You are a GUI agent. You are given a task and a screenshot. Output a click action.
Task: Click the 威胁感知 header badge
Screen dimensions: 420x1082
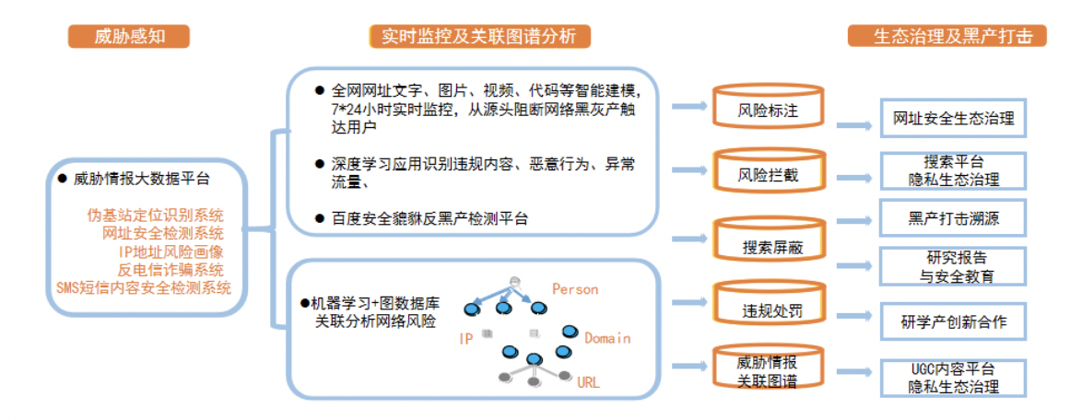[129, 36]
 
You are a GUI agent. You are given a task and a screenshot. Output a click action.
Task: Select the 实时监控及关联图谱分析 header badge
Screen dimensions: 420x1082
[479, 36]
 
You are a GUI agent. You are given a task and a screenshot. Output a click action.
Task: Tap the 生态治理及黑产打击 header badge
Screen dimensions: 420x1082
[947, 36]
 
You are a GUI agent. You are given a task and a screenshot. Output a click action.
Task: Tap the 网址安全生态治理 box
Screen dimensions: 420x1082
[953, 119]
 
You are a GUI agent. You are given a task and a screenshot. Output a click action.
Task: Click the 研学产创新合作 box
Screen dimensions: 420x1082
[953, 322]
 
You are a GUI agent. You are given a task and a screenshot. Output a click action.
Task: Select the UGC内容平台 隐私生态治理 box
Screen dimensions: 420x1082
[953, 378]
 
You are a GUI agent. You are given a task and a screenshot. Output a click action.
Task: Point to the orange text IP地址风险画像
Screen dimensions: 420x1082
[171, 251]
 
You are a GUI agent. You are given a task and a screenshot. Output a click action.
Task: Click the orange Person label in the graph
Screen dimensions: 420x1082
[575, 289]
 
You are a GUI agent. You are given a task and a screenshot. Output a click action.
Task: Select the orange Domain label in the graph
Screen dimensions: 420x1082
[607, 338]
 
